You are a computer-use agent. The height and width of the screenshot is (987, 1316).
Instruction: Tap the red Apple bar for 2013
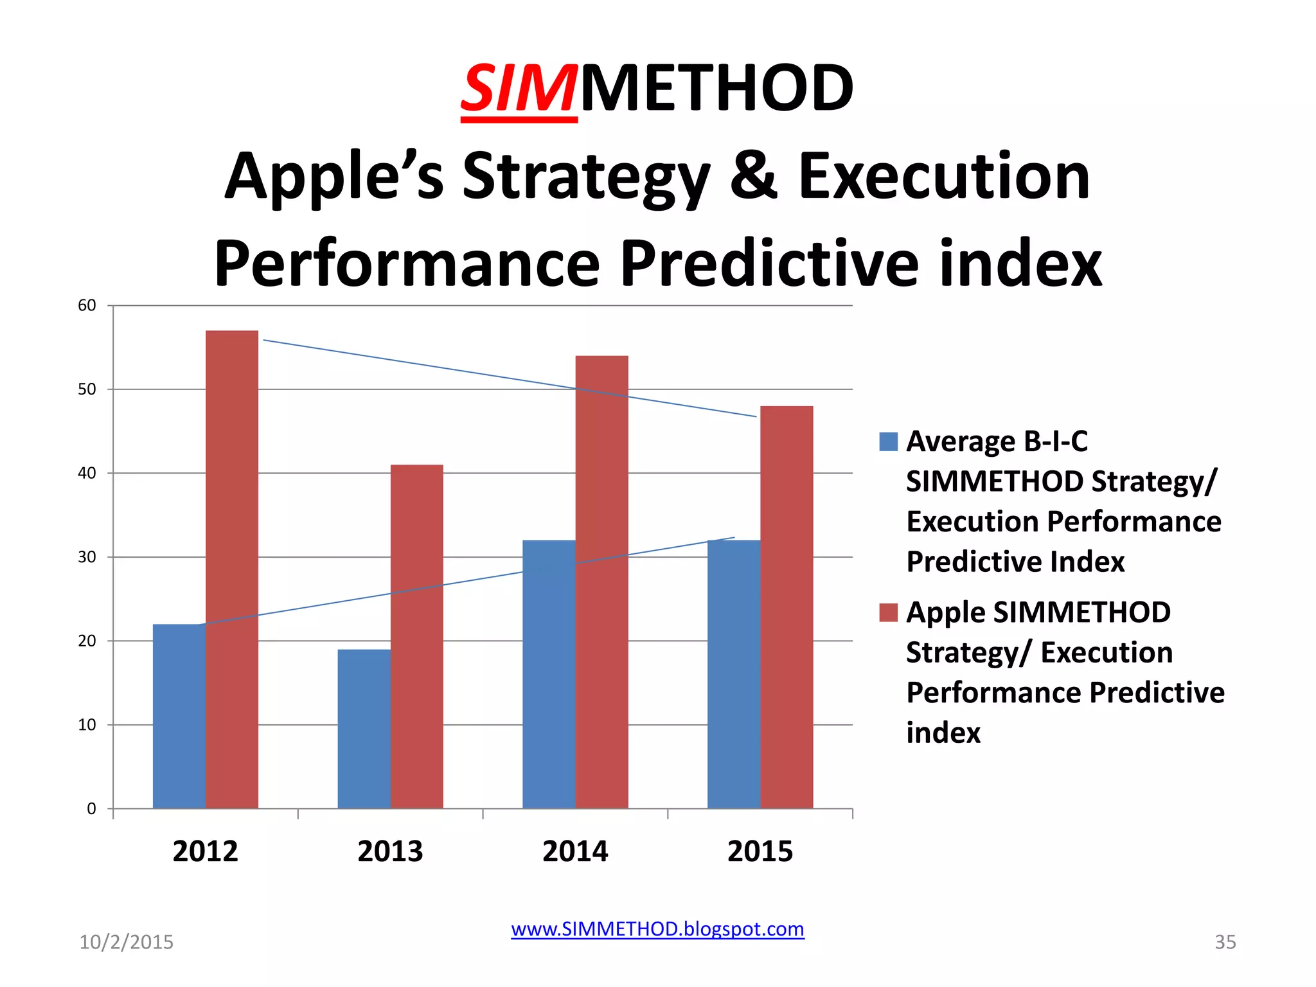click(417, 636)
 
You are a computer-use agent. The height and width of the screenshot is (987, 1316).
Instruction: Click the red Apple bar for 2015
click(787, 607)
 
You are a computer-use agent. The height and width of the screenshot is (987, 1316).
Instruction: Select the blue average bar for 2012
click(179, 716)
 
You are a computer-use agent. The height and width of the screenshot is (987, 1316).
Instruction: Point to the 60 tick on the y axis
click(87, 306)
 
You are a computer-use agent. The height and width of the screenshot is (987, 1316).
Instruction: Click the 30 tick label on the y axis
click(87, 557)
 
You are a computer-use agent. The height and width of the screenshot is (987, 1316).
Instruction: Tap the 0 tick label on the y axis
click(91, 809)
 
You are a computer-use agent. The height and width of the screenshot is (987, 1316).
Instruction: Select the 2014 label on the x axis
click(575, 851)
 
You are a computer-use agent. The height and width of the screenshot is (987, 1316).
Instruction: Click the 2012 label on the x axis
click(205, 851)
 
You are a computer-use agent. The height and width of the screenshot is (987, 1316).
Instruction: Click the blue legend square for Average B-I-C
click(888, 442)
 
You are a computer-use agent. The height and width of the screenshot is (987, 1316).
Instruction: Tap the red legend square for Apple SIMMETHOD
click(888, 612)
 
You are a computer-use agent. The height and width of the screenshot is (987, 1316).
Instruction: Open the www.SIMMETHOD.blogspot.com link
click(657, 929)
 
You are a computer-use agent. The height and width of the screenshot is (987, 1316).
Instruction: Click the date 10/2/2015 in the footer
click(126, 942)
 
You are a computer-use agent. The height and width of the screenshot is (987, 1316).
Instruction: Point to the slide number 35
click(1225, 942)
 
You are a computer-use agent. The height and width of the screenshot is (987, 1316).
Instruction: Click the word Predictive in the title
click(769, 263)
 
